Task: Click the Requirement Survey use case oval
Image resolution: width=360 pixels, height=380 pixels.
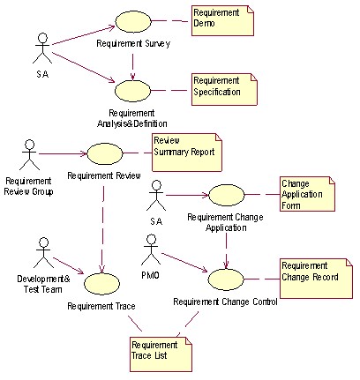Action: [133, 21]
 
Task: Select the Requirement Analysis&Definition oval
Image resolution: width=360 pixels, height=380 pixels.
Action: [132, 91]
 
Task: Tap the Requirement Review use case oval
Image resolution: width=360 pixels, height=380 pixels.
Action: [105, 153]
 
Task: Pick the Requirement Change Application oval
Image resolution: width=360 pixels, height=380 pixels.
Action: [227, 195]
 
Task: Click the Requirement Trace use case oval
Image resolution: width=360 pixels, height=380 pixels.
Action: [101, 284]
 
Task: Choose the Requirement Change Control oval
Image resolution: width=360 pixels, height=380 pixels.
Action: [226, 279]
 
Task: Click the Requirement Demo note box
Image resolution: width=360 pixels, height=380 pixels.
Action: [222, 20]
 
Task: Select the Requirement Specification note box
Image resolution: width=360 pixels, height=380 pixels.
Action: [224, 89]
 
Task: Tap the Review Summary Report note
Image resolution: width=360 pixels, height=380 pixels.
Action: [187, 153]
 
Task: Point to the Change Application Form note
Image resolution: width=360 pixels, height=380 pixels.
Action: [307, 194]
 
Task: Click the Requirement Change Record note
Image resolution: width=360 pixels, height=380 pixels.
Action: [316, 279]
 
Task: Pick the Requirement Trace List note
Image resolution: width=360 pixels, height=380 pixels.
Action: [161, 354]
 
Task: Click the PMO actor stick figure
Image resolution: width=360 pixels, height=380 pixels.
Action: [151, 250]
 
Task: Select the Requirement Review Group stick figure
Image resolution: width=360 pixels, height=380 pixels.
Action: [29, 154]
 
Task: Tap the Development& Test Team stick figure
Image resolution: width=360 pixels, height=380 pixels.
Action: [43, 253]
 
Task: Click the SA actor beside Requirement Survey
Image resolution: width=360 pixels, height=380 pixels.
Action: [42, 48]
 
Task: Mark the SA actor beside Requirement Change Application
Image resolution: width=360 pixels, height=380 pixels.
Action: [156, 196]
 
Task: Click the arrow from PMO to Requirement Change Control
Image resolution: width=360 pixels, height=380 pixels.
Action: [185, 263]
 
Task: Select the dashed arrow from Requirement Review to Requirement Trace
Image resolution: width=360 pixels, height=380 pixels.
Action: [102, 229]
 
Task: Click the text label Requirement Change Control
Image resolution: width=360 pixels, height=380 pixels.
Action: [225, 302]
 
